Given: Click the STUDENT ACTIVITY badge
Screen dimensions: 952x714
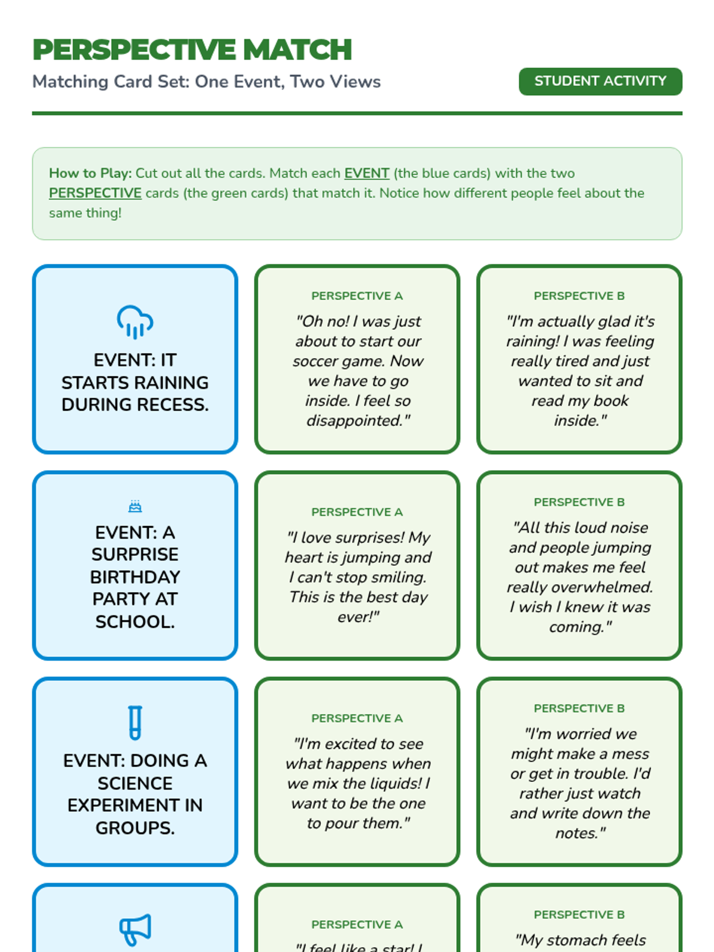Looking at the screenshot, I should click(x=600, y=81).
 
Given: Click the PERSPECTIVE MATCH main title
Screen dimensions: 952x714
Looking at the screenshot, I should click(x=192, y=49).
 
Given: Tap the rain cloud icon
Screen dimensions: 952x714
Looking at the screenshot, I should click(x=135, y=322).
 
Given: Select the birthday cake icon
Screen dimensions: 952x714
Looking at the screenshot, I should click(x=135, y=506).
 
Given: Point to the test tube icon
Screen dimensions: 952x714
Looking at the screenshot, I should click(x=135, y=722).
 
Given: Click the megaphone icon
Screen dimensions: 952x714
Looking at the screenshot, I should click(x=135, y=929).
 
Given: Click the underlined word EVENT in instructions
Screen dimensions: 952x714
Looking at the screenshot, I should click(x=367, y=173).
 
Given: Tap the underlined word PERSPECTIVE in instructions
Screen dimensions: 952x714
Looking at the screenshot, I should click(x=95, y=193).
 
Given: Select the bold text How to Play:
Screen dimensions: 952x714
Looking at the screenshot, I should click(x=90, y=173).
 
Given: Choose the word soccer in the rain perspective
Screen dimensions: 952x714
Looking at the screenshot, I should click(x=315, y=361).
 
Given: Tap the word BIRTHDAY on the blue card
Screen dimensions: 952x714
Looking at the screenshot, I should click(x=135, y=577).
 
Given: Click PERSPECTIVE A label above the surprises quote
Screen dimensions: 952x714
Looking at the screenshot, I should click(x=357, y=512).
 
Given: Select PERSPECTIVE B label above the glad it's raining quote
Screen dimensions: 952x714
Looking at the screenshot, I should click(x=579, y=296).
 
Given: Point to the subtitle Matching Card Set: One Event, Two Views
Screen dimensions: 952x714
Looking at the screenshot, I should click(x=206, y=82).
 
